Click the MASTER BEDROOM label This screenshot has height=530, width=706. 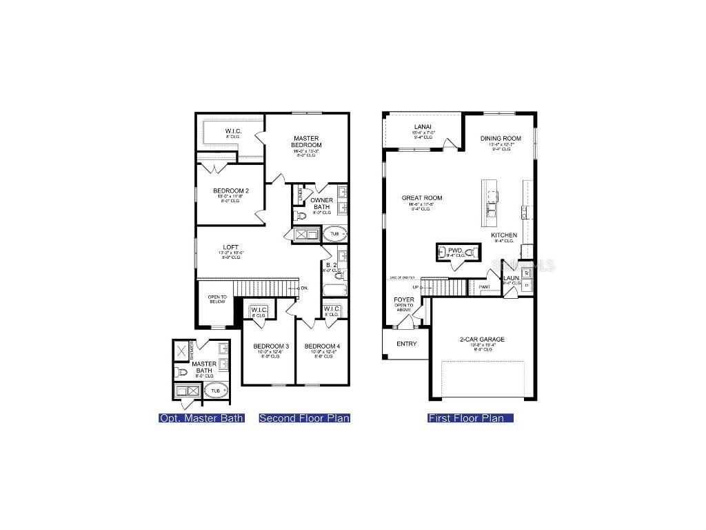click(x=306, y=141)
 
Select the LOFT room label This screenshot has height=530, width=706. click(x=230, y=247)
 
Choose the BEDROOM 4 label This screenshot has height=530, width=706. click(x=321, y=346)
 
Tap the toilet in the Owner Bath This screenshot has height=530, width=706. click(x=300, y=216)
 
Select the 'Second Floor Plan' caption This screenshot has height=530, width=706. click(x=304, y=418)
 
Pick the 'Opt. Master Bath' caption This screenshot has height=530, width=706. click(x=201, y=418)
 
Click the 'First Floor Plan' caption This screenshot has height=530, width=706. click(x=470, y=418)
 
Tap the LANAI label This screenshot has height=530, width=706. click(x=423, y=126)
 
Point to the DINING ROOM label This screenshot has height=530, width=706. click(x=501, y=138)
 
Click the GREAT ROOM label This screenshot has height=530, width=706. click(x=422, y=198)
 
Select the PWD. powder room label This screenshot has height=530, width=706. click(x=454, y=251)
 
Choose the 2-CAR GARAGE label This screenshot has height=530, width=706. click(x=482, y=339)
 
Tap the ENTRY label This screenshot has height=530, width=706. click(x=406, y=344)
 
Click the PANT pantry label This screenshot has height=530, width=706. click(x=485, y=286)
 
